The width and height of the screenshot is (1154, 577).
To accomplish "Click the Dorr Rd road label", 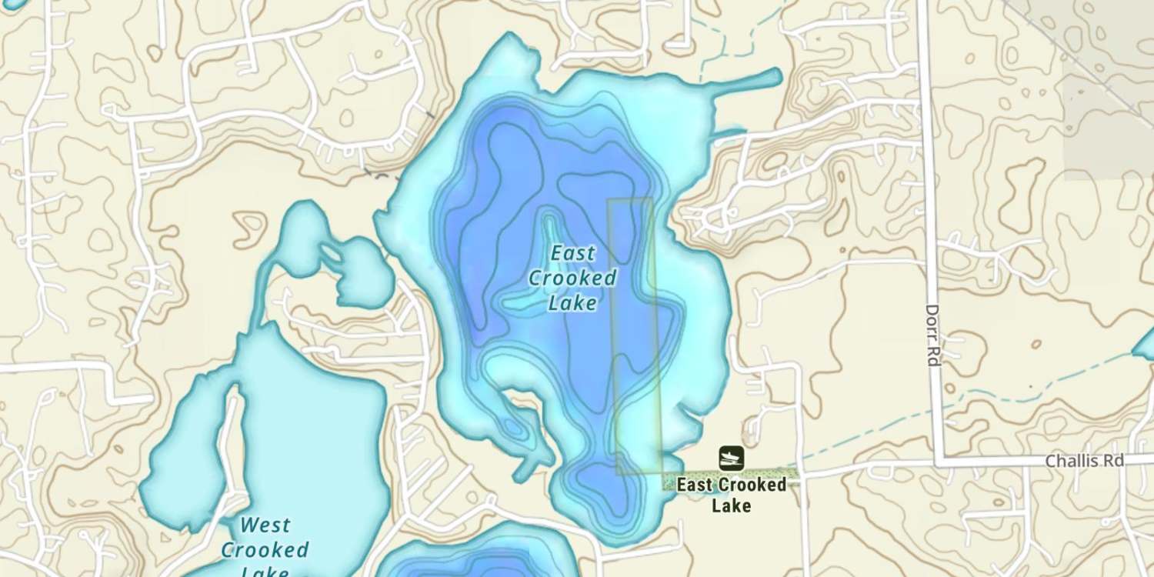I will tap(933, 335).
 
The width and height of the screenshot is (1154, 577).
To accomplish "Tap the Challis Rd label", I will tap(1084, 461).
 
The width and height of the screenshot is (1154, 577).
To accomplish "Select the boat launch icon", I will tap(731, 458).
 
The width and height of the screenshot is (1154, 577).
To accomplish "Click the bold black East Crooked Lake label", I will tap(731, 495).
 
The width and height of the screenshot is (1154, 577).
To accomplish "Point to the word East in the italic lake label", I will tap(573, 253).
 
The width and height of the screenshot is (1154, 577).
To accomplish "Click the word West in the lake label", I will tap(265, 526).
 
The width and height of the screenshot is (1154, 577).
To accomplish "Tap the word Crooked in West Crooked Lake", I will tap(265, 550).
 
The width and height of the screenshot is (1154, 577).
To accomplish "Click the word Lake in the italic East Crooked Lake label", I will tap(573, 303).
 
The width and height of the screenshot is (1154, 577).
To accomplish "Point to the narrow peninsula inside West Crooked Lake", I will tap(228, 439).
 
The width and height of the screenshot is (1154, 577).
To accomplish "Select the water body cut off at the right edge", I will tap(1146, 345).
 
